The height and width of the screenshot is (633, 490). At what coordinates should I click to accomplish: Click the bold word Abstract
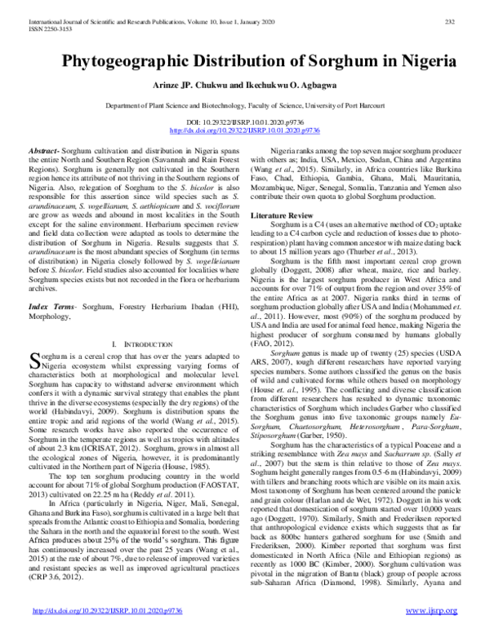pos(46,153)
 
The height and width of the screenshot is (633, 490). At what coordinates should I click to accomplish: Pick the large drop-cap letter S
pos(33,339)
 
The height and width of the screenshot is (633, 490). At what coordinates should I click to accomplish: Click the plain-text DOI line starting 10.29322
pos(245,122)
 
